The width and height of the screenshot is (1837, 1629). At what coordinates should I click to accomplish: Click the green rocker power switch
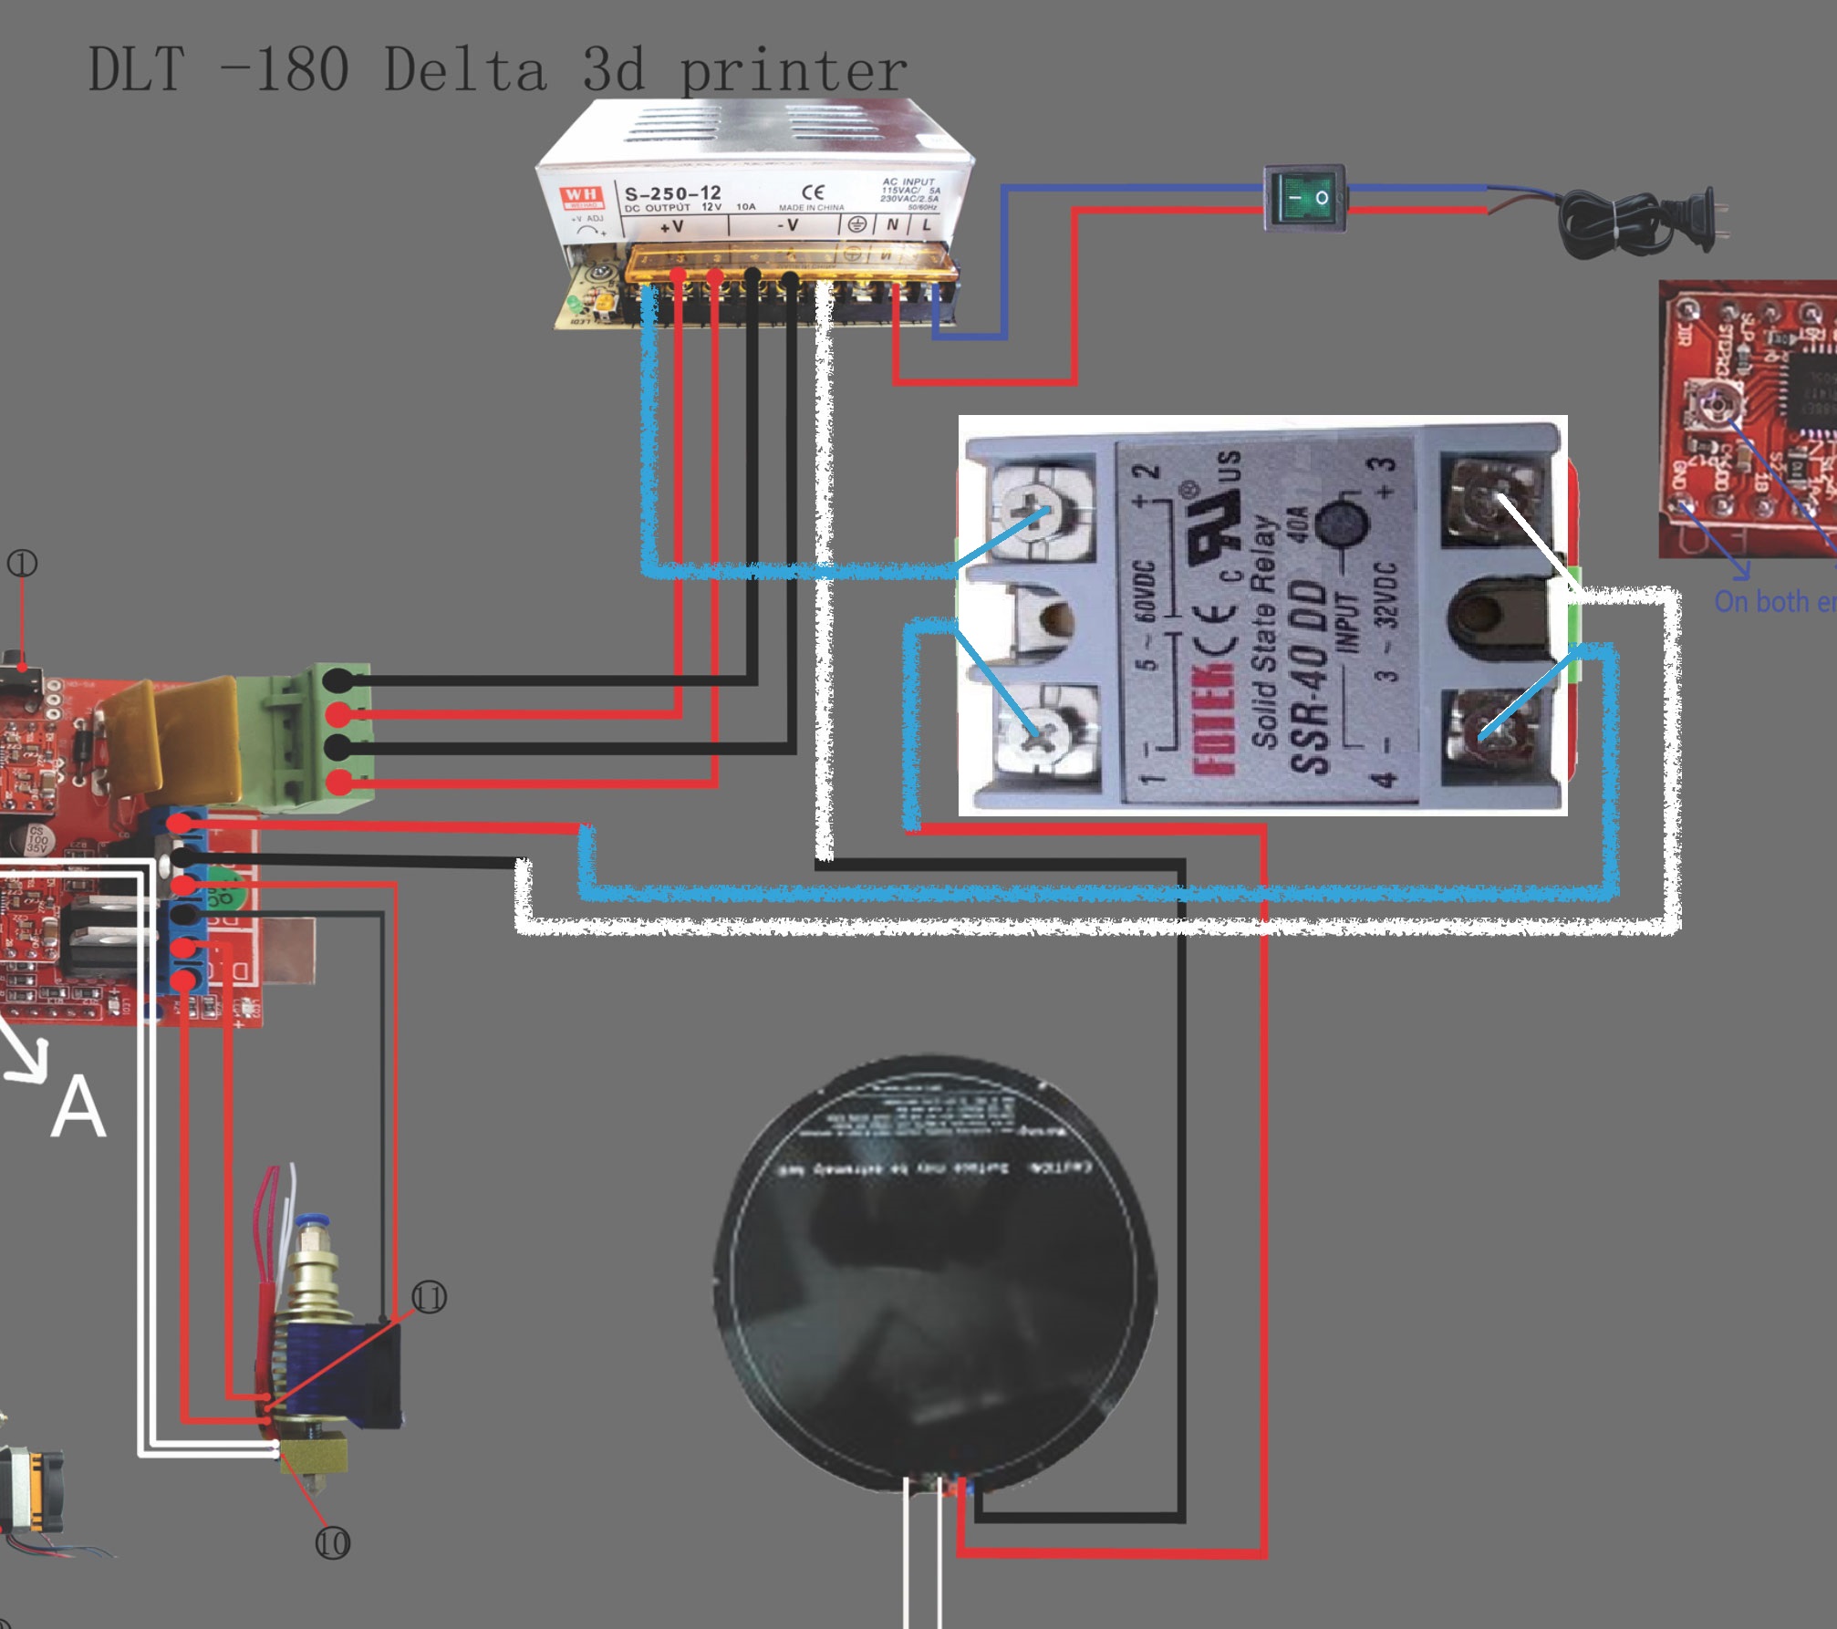click(1304, 196)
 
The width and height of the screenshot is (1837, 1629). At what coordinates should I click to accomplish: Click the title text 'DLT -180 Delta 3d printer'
click(497, 69)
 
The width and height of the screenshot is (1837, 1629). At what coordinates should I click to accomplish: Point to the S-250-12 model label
click(672, 192)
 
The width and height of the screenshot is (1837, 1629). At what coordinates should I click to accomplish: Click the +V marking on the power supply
click(672, 225)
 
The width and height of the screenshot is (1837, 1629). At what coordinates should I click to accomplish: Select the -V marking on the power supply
click(788, 224)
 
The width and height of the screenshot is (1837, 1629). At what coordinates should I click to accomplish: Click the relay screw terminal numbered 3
click(1493, 500)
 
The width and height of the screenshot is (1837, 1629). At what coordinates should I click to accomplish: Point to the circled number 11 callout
click(430, 1297)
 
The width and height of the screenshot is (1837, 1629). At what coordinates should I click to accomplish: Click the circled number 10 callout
click(332, 1543)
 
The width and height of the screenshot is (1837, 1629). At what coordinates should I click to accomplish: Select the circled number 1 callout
click(22, 564)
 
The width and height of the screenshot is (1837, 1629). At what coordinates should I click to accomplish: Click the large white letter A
click(78, 1106)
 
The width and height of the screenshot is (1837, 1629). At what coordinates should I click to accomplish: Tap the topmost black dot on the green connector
click(337, 680)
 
